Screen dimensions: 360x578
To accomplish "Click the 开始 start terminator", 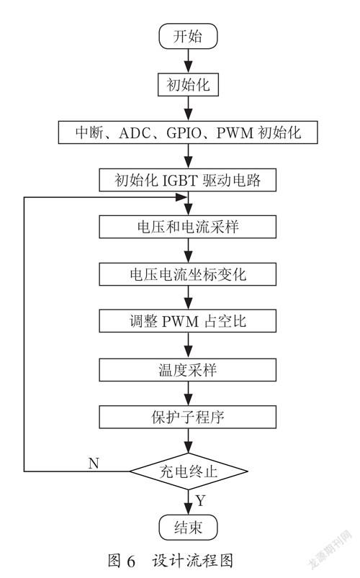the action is tap(188, 36).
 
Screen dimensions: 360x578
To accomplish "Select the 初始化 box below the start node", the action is tap(188, 85).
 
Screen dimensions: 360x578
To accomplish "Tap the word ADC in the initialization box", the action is tap(135, 132).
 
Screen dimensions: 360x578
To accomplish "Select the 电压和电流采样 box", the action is tap(188, 227).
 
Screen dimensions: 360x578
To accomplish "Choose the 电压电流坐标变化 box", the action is tap(188, 274).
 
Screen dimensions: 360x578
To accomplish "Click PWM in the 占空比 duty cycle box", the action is tap(180, 322).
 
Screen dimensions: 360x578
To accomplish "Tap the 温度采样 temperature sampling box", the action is tap(188, 370).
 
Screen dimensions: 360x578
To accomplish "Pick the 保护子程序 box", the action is tap(188, 417).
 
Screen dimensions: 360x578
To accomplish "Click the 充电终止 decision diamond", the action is tap(189, 471).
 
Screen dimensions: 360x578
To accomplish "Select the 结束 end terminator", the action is tap(188, 528).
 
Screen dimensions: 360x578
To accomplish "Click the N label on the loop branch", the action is tap(94, 463).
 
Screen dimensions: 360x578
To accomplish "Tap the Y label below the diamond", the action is tap(200, 500).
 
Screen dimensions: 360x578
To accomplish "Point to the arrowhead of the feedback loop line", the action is tap(181, 197).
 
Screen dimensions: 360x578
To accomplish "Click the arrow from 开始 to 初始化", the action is tap(188, 60).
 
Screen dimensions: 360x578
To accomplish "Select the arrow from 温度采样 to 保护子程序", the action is tap(188, 394).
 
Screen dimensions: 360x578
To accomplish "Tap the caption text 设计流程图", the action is tap(192, 561).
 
